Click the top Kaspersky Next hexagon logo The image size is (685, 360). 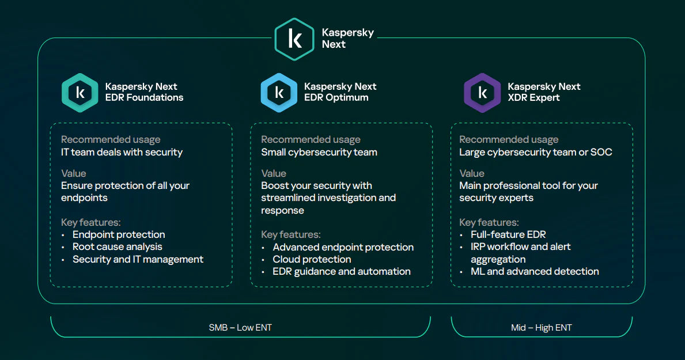point(294,39)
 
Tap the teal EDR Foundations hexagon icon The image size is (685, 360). point(80,92)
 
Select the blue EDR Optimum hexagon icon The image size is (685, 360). point(279,92)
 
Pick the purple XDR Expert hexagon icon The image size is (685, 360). point(482,92)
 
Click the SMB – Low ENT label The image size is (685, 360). point(240,328)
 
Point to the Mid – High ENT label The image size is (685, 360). point(541,328)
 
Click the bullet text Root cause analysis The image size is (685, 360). point(117,247)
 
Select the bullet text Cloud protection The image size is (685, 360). point(312,259)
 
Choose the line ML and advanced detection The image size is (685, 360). point(535,271)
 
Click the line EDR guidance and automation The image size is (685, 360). point(342,271)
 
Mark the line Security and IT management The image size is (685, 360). point(138,259)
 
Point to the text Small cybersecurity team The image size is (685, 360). point(319,152)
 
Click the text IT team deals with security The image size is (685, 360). point(122,152)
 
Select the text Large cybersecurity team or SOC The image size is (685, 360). point(535,152)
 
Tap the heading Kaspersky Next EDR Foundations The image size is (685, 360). point(144,92)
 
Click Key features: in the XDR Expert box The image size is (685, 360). point(489,222)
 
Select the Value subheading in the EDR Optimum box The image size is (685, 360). point(273,173)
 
